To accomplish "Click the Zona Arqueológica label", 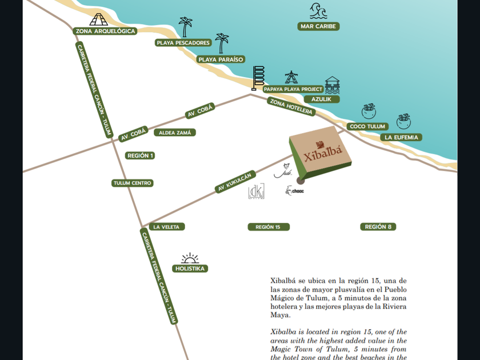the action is pos(106,31).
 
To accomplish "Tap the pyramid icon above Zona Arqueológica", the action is pos(98,18).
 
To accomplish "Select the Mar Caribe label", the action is pos(319,26).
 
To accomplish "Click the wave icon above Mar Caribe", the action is pos(318,10).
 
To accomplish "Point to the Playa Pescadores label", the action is pos(183,43).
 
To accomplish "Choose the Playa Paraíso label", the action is pos(221,59).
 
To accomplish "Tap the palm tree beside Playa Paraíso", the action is pos(221,43).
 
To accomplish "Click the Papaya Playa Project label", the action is pos(293,89).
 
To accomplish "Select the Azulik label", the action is pos(322,99).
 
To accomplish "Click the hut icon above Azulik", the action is pos(332,85).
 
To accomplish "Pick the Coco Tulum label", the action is pos(367,126).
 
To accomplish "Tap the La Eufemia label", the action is pos(402,137).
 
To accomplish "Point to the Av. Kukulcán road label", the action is pos(234,179).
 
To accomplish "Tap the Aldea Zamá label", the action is pos(175,133).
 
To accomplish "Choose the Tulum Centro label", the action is pos(133,183).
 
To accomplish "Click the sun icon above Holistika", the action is pos(190,259).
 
